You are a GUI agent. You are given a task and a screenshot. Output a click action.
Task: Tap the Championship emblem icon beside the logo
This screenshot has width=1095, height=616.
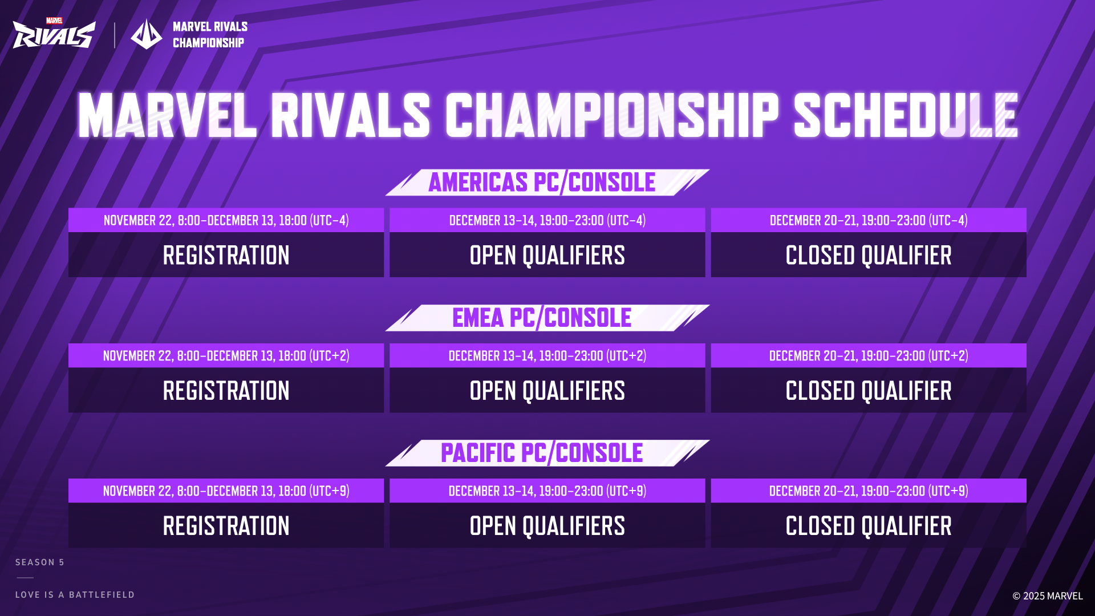(147, 34)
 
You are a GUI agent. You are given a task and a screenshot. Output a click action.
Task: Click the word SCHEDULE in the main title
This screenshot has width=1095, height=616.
(905, 116)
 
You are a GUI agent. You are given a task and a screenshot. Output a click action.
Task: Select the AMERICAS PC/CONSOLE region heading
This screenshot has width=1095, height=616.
(542, 183)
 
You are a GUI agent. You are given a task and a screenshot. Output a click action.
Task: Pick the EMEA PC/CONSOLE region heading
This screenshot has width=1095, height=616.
(542, 318)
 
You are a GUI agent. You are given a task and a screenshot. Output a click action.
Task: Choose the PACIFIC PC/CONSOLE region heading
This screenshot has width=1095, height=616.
(542, 453)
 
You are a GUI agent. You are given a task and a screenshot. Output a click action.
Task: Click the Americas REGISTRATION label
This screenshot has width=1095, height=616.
(226, 255)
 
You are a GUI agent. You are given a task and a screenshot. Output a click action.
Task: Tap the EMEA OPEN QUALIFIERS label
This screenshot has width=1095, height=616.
(547, 391)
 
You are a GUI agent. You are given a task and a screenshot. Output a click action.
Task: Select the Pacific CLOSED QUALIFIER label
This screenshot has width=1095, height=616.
(868, 526)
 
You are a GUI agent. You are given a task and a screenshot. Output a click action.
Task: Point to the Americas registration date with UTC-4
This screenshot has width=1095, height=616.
(226, 220)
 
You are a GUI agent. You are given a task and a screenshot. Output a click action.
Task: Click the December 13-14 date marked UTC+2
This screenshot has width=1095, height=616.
(547, 355)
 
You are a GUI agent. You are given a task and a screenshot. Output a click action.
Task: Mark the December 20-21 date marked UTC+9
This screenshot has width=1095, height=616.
(868, 491)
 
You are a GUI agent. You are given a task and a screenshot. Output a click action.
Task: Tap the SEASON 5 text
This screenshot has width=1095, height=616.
(40, 562)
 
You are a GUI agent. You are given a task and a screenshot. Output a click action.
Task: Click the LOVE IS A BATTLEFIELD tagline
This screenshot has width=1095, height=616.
(75, 595)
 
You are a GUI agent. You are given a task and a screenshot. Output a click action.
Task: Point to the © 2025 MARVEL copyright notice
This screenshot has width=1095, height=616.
(1047, 596)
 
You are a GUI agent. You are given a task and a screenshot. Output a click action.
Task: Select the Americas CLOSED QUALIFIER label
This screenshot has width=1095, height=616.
(868, 255)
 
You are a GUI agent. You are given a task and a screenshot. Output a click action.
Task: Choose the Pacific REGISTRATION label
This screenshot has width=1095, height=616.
(226, 526)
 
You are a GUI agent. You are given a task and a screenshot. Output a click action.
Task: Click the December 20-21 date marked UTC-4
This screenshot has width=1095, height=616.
(868, 220)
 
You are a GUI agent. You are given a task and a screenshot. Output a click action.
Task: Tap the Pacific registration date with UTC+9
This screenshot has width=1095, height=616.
(226, 491)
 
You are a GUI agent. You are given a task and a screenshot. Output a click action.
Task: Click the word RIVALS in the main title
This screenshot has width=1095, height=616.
(350, 116)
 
